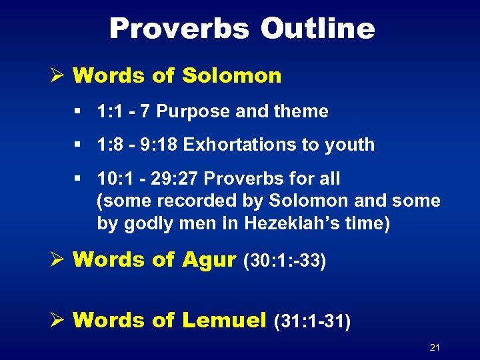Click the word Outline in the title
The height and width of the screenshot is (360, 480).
pos(317,29)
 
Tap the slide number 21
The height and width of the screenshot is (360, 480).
pos(435,347)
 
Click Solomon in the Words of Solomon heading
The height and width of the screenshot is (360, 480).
pos(230,75)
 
